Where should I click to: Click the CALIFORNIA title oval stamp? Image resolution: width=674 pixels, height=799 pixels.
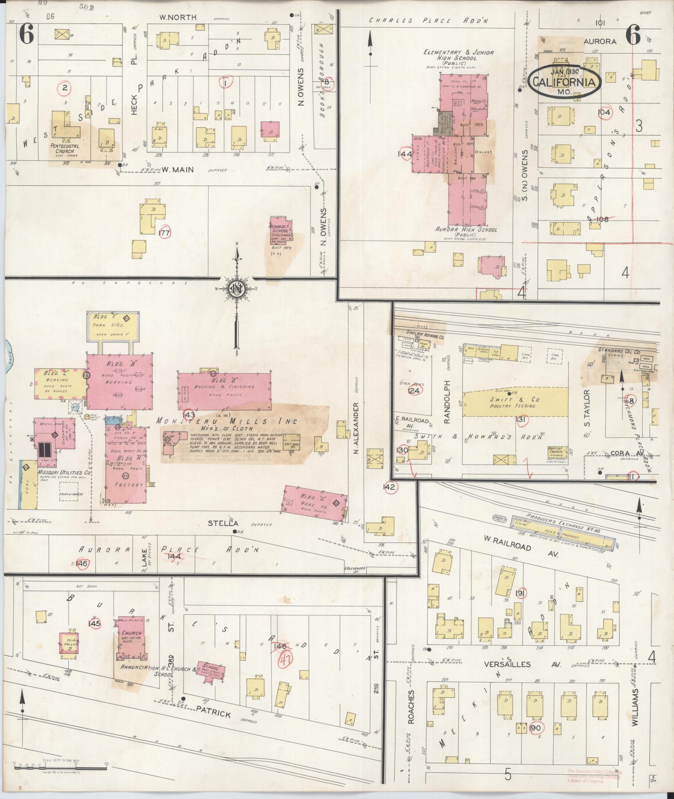566,81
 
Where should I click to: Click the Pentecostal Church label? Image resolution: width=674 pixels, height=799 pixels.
61,149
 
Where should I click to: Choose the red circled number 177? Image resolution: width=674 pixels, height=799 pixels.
165,233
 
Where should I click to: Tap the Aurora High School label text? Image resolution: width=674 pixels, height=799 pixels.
466,230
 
